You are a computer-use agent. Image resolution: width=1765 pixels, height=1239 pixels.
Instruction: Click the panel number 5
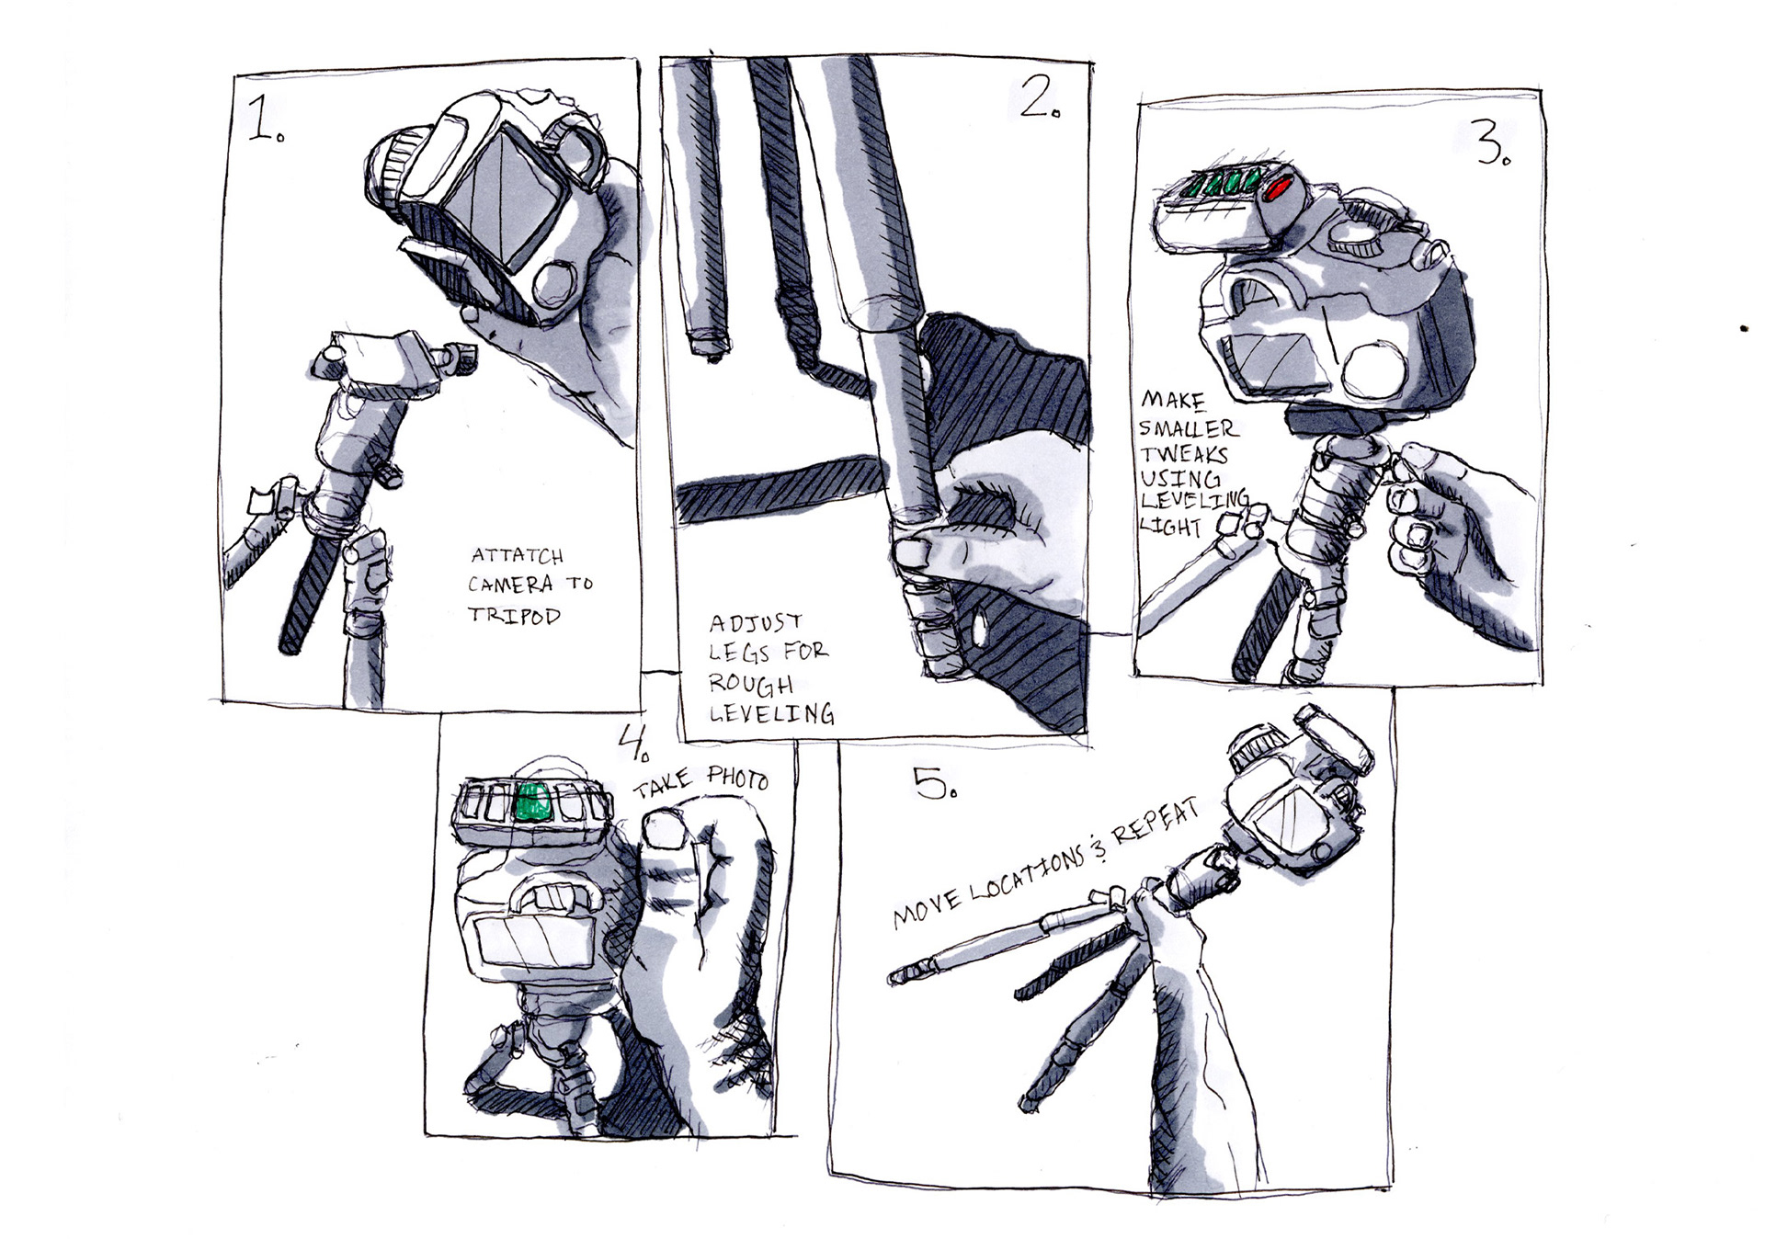(x=935, y=782)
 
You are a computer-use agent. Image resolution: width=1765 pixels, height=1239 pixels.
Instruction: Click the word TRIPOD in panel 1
(x=514, y=615)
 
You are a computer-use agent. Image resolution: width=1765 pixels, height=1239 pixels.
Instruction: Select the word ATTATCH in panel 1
(x=517, y=556)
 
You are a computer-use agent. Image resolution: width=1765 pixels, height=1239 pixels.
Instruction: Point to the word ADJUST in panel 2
(x=756, y=623)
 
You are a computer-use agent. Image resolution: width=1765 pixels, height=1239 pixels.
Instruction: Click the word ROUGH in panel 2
(x=750, y=685)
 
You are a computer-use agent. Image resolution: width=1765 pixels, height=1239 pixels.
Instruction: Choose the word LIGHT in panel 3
(x=1171, y=527)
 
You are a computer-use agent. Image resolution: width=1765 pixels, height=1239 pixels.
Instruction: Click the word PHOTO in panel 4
(x=736, y=779)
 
